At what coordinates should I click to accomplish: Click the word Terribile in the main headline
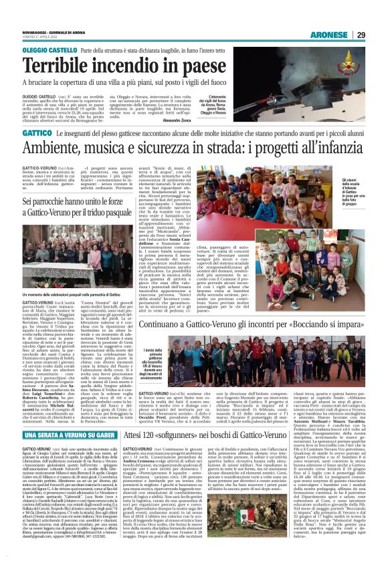tap(63, 67)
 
